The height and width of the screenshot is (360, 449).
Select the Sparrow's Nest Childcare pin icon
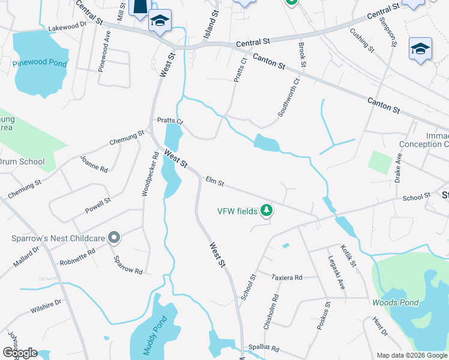(x=114, y=238)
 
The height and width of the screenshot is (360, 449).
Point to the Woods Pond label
(x=394, y=302)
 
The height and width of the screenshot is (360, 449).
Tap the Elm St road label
(x=214, y=181)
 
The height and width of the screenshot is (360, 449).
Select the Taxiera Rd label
(x=286, y=278)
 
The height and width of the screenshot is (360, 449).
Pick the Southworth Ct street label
(x=288, y=98)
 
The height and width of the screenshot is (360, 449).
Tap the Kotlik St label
(x=349, y=255)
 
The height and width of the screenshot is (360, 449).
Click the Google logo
(x=20, y=353)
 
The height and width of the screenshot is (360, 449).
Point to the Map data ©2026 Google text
(x=411, y=355)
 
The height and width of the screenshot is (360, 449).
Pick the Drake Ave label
(x=398, y=168)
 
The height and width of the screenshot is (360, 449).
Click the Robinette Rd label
(x=77, y=257)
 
